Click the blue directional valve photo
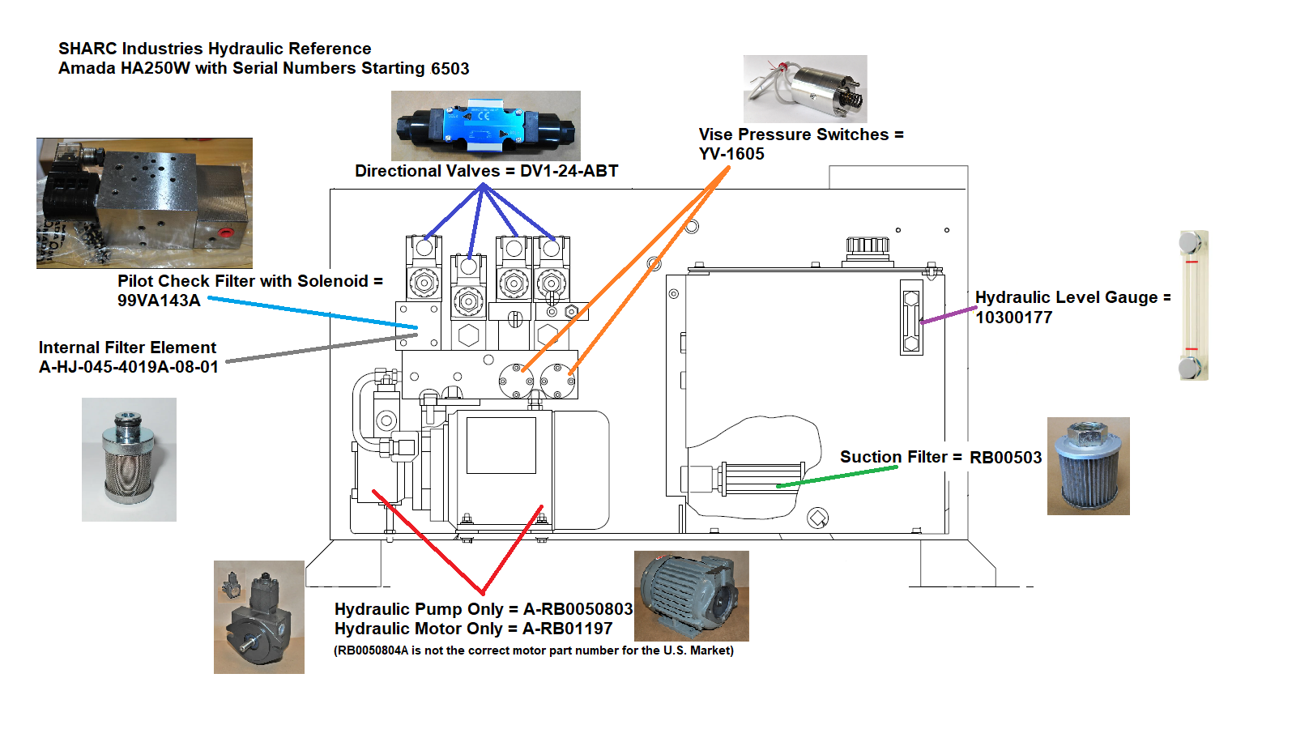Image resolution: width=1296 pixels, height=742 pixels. click(x=485, y=126)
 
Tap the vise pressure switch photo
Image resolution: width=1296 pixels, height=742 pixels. click(x=805, y=88)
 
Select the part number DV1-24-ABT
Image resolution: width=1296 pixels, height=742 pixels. click(x=569, y=171)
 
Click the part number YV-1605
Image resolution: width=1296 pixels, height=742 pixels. click(x=731, y=154)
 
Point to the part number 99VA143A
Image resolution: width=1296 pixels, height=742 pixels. click(x=159, y=301)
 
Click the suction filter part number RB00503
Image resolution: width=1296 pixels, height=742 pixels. click(x=1005, y=458)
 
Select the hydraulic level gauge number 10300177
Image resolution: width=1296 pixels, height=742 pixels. click(x=1013, y=318)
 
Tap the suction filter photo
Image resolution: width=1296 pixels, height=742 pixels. click(x=1088, y=466)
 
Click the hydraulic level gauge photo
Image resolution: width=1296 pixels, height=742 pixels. click(x=1192, y=305)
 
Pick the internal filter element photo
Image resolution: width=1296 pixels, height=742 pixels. click(x=129, y=459)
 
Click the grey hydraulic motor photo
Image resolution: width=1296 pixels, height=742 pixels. click(x=691, y=595)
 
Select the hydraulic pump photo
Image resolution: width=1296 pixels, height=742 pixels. click(x=258, y=617)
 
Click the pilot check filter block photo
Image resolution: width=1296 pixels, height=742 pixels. click(x=144, y=203)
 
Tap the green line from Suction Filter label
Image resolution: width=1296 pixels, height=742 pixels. click(x=838, y=476)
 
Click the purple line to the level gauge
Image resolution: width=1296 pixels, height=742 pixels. click(x=949, y=315)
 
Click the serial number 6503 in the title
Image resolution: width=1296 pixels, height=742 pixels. click(x=450, y=69)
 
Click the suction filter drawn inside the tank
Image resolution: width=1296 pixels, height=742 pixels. click(x=760, y=478)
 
